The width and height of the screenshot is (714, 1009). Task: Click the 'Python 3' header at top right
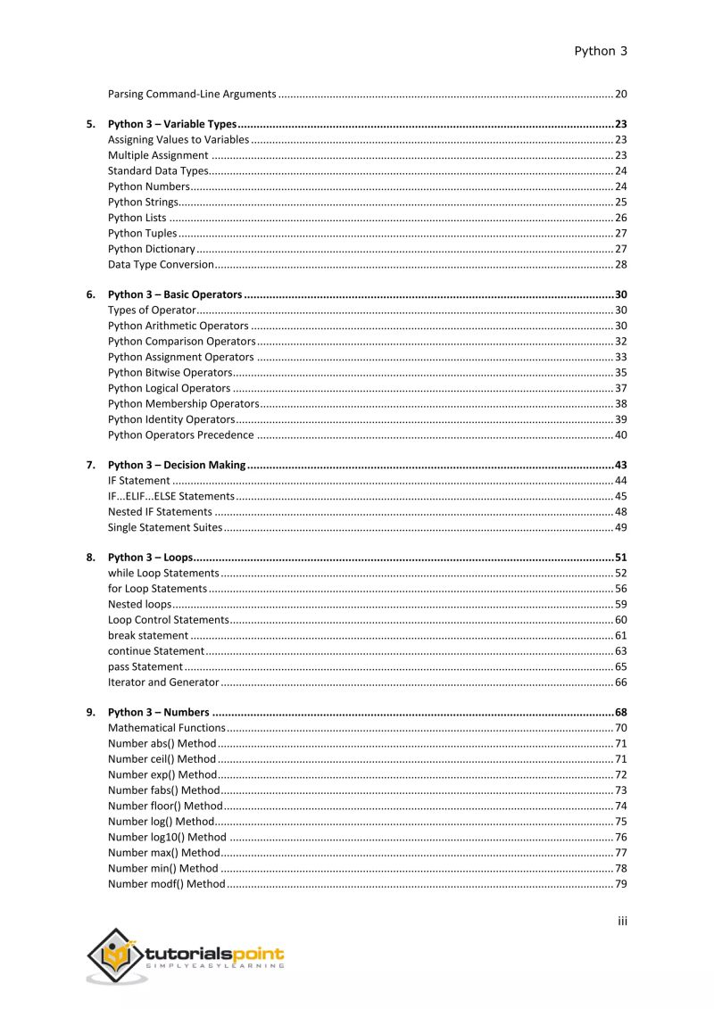(x=600, y=51)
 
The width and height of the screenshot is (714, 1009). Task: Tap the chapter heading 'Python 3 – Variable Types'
(x=172, y=124)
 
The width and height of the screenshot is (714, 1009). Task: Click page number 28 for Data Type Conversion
(x=620, y=264)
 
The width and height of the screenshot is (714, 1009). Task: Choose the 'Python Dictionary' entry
(x=151, y=249)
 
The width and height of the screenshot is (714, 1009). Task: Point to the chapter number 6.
(x=90, y=294)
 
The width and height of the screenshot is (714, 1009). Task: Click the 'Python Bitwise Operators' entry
(x=170, y=372)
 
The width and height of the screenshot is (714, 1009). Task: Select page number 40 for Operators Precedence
(x=620, y=434)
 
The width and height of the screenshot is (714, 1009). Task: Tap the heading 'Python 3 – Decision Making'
(x=176, y=465)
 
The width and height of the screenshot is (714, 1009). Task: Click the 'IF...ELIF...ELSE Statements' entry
(x=170, y=496)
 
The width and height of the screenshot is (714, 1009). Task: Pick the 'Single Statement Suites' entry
(x=164, y=527)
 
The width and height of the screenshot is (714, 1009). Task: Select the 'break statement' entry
(x=147, y=635)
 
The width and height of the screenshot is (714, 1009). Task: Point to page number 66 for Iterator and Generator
(x=620, y=682)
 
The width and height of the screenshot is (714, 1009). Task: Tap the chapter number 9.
(x=90, y=712)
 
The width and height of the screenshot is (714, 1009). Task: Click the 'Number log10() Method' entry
(x=167, y=837)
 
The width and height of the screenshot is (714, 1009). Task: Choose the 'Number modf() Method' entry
(x=166, y=883)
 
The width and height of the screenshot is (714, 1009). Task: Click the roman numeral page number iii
(x=622, y=921)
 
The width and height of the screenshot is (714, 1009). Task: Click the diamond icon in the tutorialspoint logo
(x=113, y=955)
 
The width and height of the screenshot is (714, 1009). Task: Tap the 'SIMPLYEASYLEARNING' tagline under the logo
(x=214, y=965)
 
